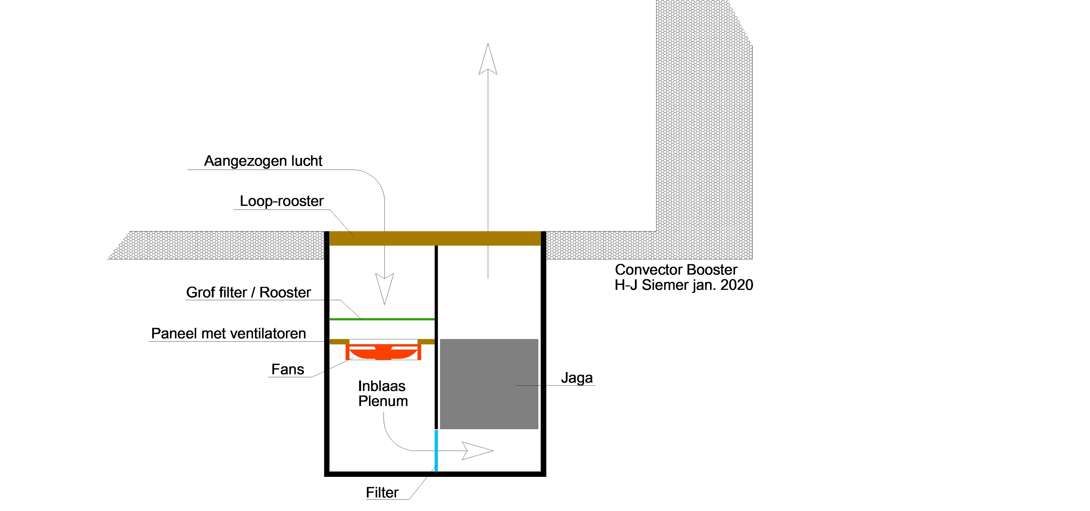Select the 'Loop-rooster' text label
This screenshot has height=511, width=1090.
(x=282, y=201)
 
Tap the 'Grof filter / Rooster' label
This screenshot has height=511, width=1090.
(x=248, y=293)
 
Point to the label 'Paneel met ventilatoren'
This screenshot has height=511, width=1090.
(x=228, y=334)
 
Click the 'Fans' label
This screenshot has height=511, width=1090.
(x=288, y=370)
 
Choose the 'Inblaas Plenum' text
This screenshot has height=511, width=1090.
(x=383, y=394)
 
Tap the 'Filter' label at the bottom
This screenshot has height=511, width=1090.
(x=382, y=493)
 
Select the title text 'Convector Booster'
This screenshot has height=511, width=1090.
(x=676, y=270)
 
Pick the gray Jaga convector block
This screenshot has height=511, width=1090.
(x=489, y=384)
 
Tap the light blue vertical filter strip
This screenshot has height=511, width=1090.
(x=436, y=451)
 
